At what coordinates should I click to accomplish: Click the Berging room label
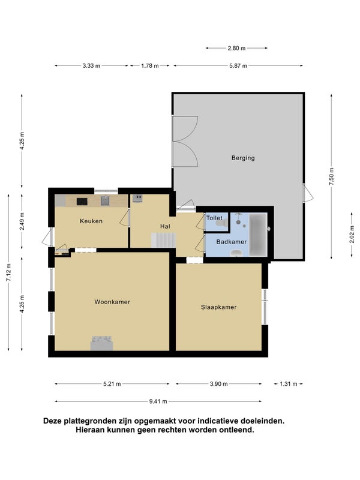(243, 158)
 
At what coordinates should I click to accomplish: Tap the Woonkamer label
(112, 302)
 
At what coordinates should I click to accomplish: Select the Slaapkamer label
(218, 307)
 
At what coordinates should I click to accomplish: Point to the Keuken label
(91, 221)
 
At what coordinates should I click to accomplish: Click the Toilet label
(214, 218)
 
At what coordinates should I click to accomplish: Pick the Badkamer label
(231, 242)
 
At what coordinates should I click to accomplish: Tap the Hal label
(165, 226)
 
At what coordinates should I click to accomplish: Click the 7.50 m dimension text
(332, 176)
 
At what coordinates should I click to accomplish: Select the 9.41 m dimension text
(158, 401)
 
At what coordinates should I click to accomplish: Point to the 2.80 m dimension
(236, 48)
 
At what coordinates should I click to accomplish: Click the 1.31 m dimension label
(289, 384)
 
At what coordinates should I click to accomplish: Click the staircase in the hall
(163, 240)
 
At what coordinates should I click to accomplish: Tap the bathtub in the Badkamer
(258, 235)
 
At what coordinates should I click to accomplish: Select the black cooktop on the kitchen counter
(82, 202)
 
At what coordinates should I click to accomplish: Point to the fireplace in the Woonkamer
(101, 343)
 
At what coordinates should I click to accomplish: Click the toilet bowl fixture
(220, 223)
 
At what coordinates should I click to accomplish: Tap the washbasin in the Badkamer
(236, 253)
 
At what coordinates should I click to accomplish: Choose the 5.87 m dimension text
(238, 66)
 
